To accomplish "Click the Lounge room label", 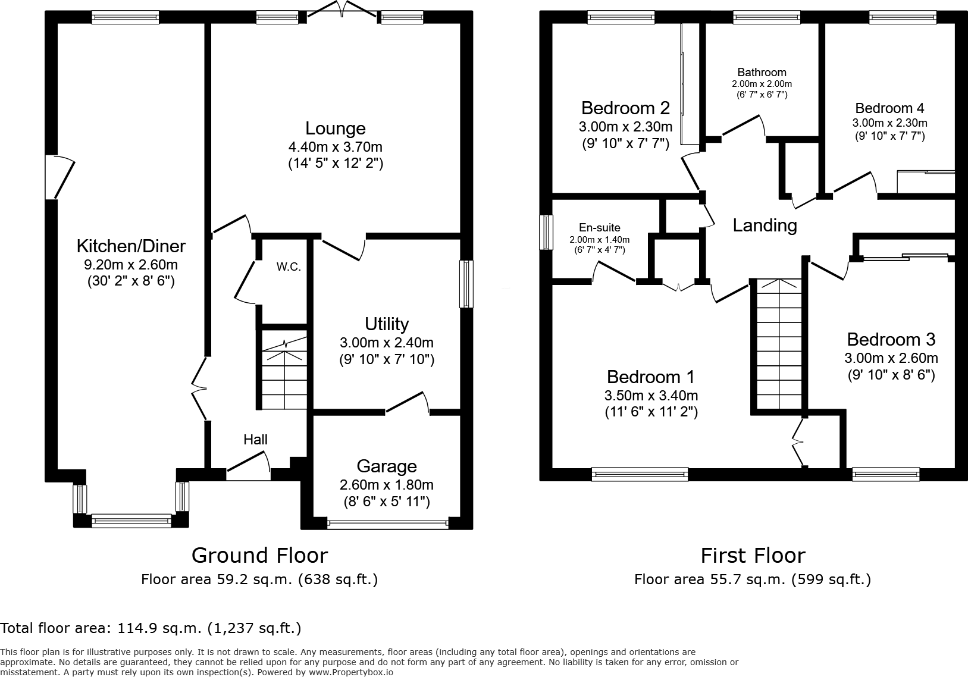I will [335, 128].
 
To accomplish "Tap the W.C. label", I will [289, 267].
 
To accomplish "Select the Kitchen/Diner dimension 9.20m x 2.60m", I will [131, 265].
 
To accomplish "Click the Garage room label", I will [387, 466].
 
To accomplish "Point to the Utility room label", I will [387, 324].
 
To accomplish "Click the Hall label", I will [255, 440].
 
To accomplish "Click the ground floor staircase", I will [284, 375].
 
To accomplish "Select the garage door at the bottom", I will [387, 524].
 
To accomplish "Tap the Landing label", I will [765, 225].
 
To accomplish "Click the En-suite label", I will [600, 227].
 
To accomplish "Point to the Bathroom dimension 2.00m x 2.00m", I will [762, 84].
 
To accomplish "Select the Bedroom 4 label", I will [889, 108].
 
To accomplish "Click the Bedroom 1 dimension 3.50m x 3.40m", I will [651, 396].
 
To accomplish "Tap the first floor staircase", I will [778, 345].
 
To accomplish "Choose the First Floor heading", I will [753, 555].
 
